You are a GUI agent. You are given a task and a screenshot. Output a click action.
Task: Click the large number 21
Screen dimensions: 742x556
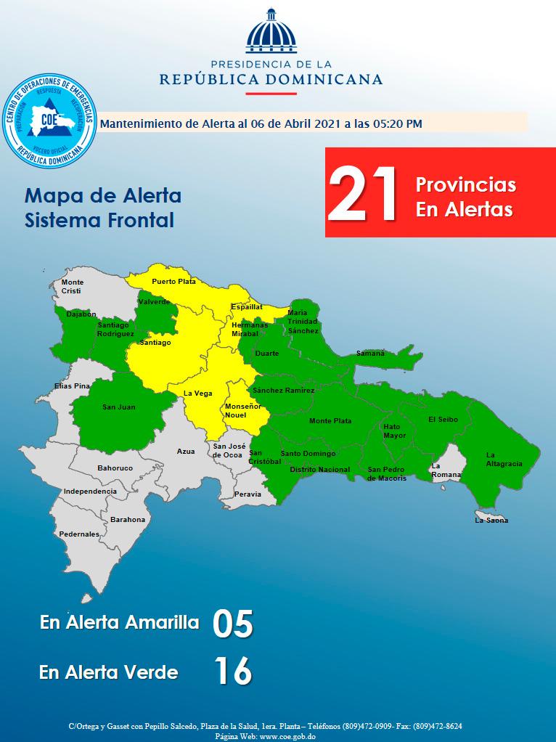coord(363,194)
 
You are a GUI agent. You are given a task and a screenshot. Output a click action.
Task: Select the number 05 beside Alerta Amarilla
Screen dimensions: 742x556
coord(232,624)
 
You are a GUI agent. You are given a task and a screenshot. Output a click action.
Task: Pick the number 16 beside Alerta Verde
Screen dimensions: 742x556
coord(232,672)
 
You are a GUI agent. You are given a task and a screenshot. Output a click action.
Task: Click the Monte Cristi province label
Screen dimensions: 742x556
coord(73,286)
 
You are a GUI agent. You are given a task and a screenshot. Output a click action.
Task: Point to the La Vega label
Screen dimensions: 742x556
coord(197,393)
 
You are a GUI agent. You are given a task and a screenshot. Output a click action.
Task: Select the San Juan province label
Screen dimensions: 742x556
coord(118,407)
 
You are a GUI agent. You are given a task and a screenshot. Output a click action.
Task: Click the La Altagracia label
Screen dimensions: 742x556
coord(504,459)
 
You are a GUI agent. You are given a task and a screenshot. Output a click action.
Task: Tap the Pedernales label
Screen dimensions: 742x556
coord(80,534)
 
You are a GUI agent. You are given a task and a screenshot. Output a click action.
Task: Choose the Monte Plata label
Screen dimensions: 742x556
coord(330,421)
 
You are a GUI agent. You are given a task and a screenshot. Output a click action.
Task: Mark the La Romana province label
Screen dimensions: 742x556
coord(445,470)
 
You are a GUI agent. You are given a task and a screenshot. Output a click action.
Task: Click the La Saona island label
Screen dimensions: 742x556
coord(491,520)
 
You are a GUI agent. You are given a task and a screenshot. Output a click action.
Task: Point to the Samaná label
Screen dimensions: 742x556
coord(370,354)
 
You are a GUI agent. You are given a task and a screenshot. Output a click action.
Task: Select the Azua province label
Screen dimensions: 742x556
coord(186,452)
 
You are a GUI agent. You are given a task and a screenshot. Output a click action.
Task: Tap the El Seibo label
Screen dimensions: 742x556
coord(443,419)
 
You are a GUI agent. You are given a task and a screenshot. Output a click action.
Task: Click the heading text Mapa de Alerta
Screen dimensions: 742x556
coord(102,196)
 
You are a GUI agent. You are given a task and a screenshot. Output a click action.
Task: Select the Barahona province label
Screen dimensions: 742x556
coord(128,519)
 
